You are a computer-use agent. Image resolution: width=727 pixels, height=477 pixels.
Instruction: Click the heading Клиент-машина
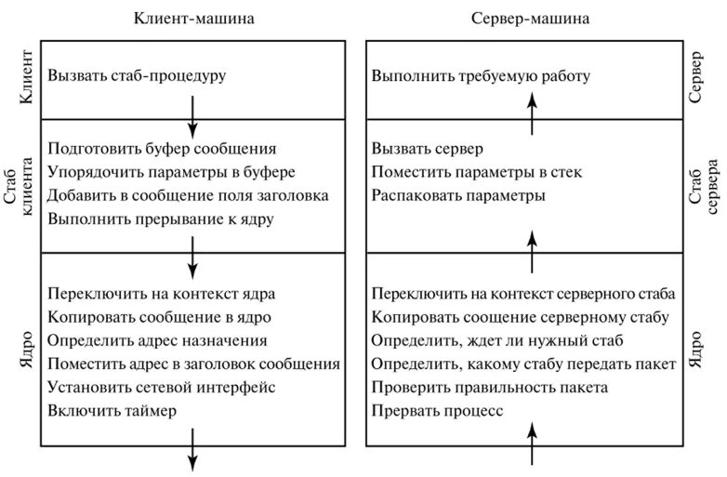[193, 18]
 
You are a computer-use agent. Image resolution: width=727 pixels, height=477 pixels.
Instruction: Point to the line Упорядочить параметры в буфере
[171, 172]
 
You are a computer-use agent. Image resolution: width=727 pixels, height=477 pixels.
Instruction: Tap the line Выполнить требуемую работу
[481, 75]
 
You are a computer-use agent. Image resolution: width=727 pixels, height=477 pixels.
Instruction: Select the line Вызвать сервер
[428, 149]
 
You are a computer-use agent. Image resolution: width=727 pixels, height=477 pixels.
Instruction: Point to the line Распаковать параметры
[458, 196]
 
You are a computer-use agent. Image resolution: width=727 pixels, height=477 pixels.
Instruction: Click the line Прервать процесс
[437, 410]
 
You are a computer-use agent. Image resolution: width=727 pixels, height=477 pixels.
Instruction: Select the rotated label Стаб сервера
[705, 186]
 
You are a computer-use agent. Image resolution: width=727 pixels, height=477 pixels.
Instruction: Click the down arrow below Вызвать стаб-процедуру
[192, 112]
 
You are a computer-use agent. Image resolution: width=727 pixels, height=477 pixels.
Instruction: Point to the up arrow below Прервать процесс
[532, 442]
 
